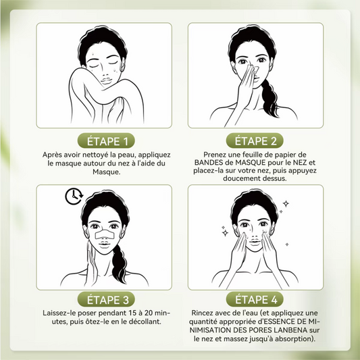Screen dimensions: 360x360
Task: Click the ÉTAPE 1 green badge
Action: (106, 140)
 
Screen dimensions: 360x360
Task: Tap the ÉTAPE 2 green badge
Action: (255, 140)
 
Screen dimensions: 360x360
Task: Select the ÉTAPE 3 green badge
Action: (106, 299)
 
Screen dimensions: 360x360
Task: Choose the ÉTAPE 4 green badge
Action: (255, 299)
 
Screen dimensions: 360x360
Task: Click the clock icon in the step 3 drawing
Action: (74, 197)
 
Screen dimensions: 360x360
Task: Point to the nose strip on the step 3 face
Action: (105, 234)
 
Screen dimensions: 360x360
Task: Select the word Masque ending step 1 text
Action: (106, 172)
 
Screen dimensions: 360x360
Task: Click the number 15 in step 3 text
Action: (132, 313)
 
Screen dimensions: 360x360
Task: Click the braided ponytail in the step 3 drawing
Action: (120, 264)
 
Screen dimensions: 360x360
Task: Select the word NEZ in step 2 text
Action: (300, 163)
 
